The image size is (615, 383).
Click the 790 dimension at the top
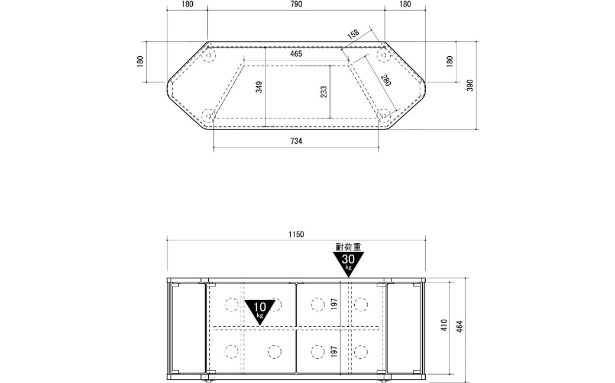[x=296, y=4]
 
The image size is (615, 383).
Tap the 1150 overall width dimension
[x=296, y=234]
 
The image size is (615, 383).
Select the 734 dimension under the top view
[x=296, y=141]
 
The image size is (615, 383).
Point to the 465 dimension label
[x=296, y=54]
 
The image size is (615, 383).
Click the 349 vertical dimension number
[x=259, y=87]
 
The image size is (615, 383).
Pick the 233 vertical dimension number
[x=324, y=92]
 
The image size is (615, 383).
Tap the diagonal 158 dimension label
[x=354, y=33]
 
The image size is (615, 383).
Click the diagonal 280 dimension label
[x=386, y=80]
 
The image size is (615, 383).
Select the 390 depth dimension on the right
[x=470, y=85]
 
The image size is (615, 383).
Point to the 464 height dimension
[x=459, y=327]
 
